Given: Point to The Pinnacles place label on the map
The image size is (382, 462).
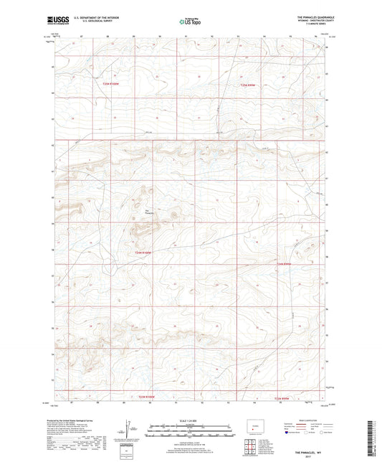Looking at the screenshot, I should point(149,211).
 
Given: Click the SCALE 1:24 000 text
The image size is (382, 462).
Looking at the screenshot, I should point(190,420).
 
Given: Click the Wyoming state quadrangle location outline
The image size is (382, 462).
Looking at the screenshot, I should point(255,428).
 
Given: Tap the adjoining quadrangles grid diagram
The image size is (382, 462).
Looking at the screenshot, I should point(249,449).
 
